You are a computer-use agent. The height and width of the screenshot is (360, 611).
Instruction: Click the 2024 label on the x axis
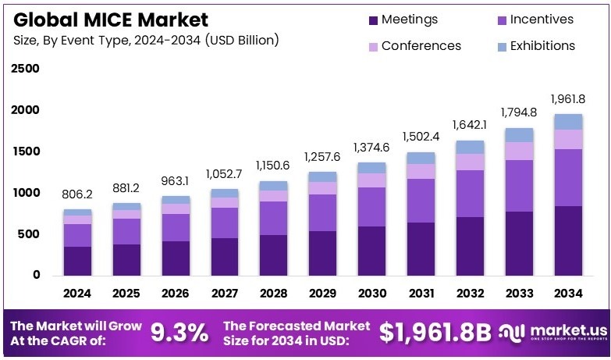(x=77, y=294)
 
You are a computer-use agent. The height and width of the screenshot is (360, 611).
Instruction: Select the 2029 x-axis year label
(x=322, y=294)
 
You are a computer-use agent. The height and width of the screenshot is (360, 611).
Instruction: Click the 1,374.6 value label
(x=371, y=147)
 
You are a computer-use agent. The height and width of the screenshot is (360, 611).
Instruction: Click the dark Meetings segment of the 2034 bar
(x=568, y=241)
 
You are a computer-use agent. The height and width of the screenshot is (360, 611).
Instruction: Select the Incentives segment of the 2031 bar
(x=421, y=201)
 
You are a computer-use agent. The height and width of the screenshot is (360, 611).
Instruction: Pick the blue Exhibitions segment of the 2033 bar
(x=519, y=135)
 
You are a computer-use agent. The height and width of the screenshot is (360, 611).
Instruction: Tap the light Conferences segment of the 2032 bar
(x=470, y=162)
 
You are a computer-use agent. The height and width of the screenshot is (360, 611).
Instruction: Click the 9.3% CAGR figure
(x=179, y=333)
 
